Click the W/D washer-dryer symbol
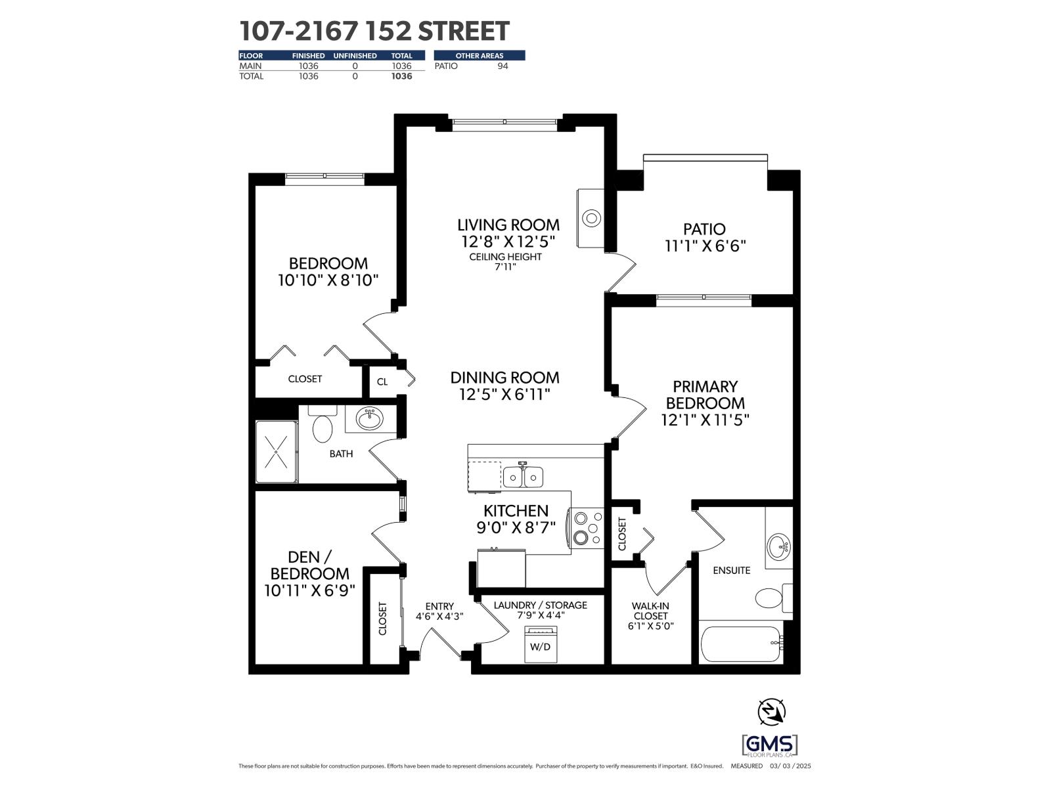click(x=541, y=644)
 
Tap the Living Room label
click(x=508, y=225)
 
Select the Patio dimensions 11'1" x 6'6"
click(x=705, y=246)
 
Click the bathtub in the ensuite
click(x=740, y=643)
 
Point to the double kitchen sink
click(x=523, y=477)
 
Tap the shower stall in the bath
click(x=277, y=452)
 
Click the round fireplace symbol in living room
click(x=592, y=218)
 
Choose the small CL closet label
click(x=382, y=382)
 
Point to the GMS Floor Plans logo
click(x=769, y=746)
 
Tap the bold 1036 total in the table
click(x=401, y=76)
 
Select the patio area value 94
click(x=503, y=66)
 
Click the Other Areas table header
click(x=479, y=56)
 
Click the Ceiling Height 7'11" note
click(x=505, y=261)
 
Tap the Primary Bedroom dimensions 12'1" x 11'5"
click(x=705, y=420)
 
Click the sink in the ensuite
click(x=780, y=546)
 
